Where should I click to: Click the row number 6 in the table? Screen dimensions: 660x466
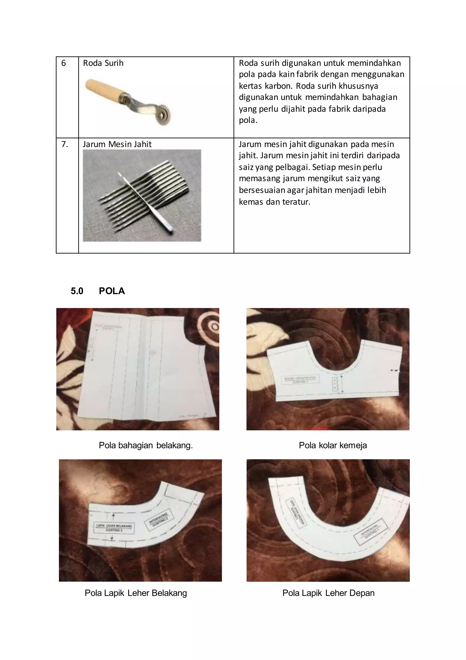[63, 63]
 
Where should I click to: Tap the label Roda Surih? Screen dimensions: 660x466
[103, 63]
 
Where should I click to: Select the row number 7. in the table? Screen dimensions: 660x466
[65, 144]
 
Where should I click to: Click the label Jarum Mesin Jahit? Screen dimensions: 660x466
[117, 144]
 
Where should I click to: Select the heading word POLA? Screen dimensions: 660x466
[112, 291]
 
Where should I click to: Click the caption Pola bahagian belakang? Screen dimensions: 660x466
[146, 445]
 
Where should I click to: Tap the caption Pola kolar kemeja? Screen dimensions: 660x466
[333, 445]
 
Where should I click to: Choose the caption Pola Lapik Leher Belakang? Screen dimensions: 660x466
[136, 593]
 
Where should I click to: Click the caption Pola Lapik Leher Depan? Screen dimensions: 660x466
[328, 593]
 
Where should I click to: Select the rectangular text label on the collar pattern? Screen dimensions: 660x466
[300, 380]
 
